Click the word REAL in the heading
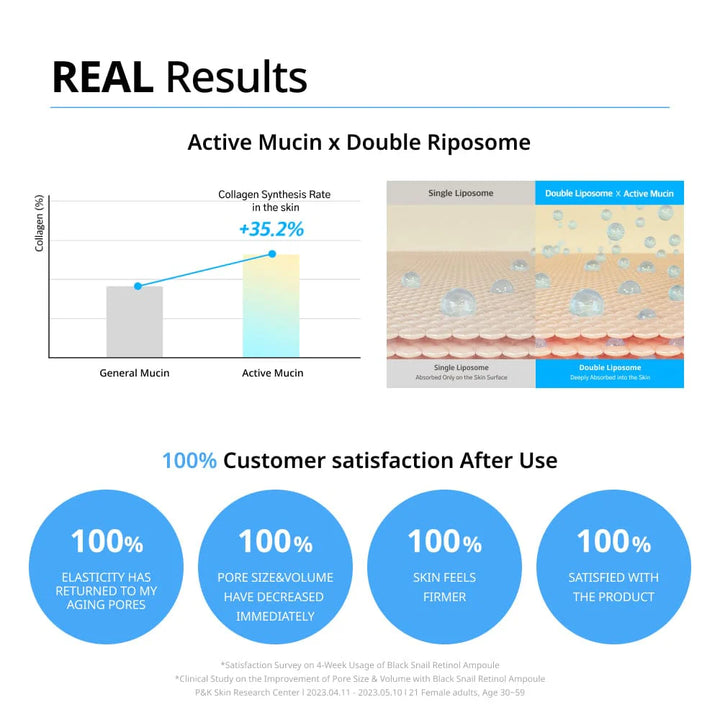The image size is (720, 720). coord(102,77)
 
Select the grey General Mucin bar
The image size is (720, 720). coord(135,321)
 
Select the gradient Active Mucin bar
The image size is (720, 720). coord(271,305)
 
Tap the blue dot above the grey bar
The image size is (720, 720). coord(138,286)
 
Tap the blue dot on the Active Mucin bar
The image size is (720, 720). coord(272,254)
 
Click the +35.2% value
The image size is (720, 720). coord(271,229)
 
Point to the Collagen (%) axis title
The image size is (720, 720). coord(39,223)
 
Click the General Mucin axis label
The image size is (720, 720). coord(135,373)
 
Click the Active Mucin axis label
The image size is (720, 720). coord(273,373)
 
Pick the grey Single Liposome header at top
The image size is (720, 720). coord(461,193)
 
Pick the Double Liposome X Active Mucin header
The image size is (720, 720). coord(609,193)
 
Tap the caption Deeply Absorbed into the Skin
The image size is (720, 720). coord(610,377)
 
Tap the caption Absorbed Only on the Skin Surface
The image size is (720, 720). coord(461,377)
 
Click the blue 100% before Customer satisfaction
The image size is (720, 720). coord(190,461)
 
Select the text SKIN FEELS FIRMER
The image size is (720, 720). coord(444,587)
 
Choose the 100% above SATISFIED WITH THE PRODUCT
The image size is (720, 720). coord(614,541)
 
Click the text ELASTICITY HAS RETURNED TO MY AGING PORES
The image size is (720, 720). coord(106,591)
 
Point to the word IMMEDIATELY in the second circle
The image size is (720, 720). coord(276,616)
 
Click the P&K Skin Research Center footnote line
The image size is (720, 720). coord(360,692)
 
